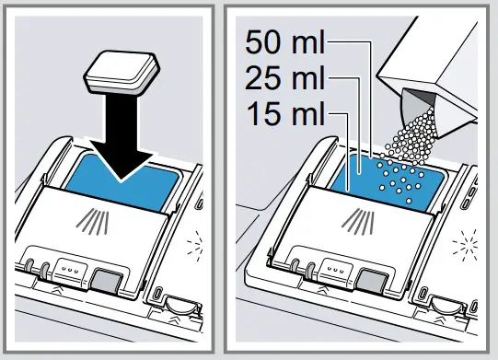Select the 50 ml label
pyautogui.click(x=284, y=41)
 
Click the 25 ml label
pyautogui.click(x=284, y=78)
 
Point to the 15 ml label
pyautogui.click(x=284, y=115)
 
